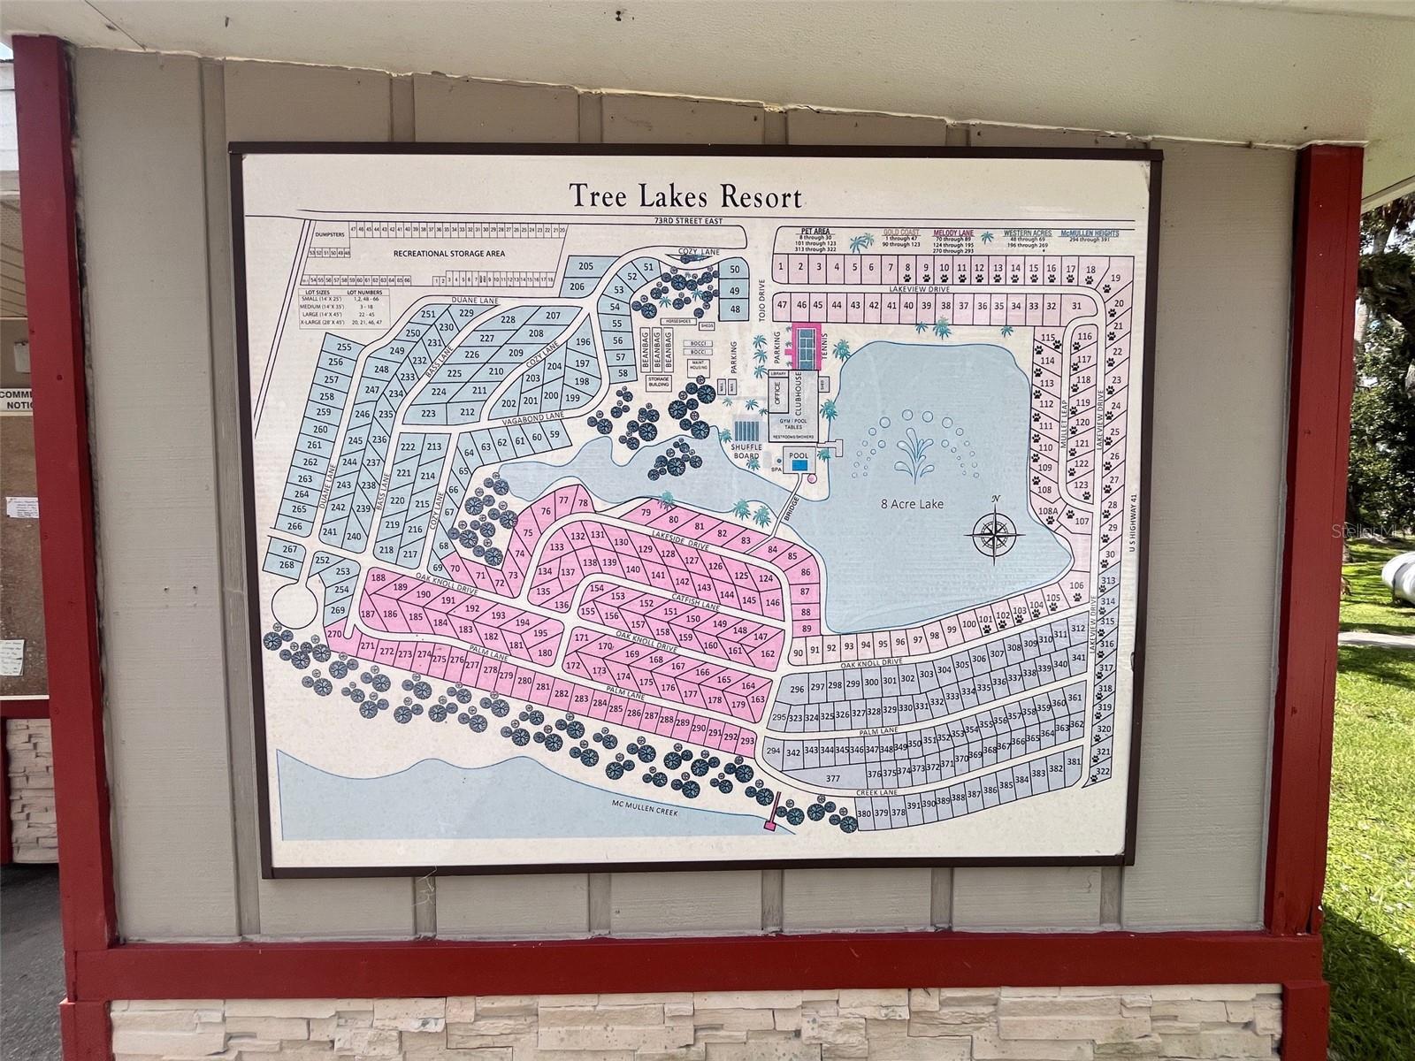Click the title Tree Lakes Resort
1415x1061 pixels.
point(685,195)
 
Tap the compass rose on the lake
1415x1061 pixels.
point(996,532)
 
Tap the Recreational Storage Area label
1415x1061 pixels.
point(449,253)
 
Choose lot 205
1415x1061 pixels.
point(585,266)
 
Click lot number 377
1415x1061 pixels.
point(832,779)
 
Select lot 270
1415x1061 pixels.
point(333,634)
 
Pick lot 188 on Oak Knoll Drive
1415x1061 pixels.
point(379,578)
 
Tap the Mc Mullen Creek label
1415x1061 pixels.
point(645,810)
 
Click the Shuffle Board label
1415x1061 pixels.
point(746,452)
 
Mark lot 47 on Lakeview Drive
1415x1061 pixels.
point(781,305)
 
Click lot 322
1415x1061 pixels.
point(1102,772)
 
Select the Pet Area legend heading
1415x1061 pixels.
point(815,232)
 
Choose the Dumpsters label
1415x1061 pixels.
point(327,235)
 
